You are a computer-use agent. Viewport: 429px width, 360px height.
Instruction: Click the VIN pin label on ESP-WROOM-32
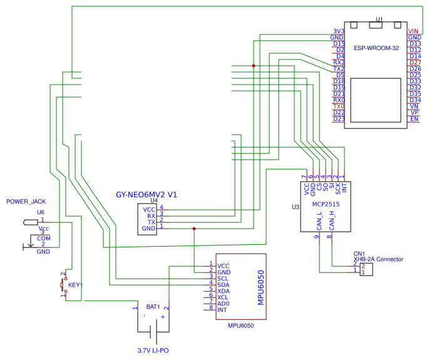coord(413,31)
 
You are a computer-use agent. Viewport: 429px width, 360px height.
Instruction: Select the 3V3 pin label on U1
coord(338,31)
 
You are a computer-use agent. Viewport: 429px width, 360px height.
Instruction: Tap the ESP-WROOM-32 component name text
coord(376,48)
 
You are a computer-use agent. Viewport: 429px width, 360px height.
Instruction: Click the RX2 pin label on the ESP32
coord(338,63)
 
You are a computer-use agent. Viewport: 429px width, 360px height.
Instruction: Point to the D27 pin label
coord(415,63)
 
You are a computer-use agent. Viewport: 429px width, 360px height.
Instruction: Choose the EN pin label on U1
coord(414,119)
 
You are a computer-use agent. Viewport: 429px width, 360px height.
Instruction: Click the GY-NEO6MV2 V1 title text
coord(147,195)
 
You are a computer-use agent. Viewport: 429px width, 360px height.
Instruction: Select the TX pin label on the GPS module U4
coord(151,222)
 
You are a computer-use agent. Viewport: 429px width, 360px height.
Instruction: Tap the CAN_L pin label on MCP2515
coord(319,221)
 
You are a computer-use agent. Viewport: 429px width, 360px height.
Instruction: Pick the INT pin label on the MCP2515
coord(344,187)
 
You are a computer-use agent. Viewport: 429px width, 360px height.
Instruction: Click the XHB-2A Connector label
coord(378,259)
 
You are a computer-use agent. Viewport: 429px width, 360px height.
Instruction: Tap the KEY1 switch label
coord(75,285)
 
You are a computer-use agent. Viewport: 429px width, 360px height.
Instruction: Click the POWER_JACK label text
coord(26,202)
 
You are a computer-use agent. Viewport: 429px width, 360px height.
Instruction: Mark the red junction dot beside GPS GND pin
coord(194,229)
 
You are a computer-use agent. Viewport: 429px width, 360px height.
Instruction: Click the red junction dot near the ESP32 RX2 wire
coord(254,66)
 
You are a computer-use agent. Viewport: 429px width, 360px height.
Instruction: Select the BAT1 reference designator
coord(153,307)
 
